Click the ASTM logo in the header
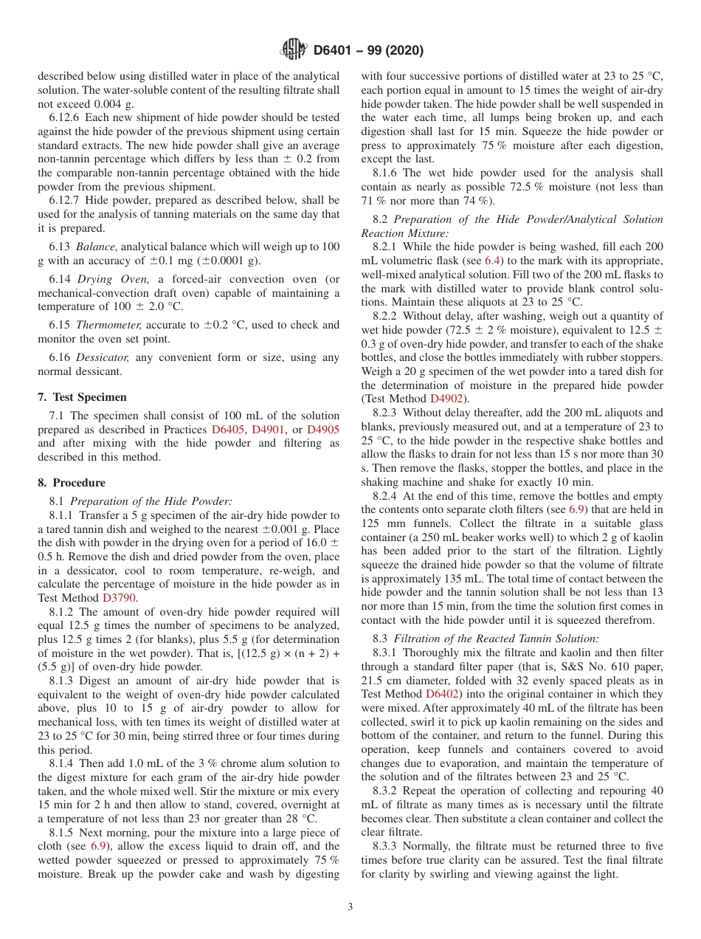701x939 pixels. click(x=294, y=50)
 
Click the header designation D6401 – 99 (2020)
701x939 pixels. click(x=368, y=51)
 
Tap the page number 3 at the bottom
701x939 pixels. click(x=350, y=907)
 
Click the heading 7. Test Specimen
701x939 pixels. click(x=82, y=396)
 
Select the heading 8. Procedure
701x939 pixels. click(x=72, y=483)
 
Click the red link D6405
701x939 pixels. click(x=228, y=429)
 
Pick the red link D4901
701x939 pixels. click(x=268, y=429)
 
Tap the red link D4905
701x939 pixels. click(x=322, y=429)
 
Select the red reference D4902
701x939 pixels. click(x=448, y=399)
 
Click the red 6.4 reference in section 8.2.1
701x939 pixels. click(x=492, y=261)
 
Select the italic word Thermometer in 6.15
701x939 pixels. click(x=106, y=325)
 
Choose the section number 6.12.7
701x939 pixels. click(x=65, y=200)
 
